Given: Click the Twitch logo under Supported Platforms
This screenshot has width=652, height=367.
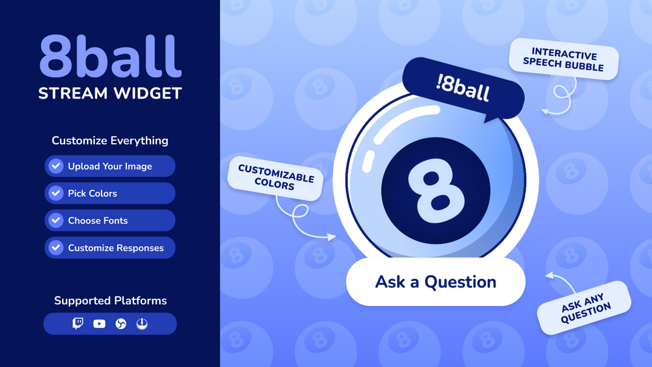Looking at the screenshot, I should pyautogui.click(x=78, y=324).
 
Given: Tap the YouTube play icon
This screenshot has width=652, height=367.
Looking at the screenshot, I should pyautogui.click(x=100, y=324).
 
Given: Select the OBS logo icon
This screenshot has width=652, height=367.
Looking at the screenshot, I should pyautogui.click(x=121, y=324).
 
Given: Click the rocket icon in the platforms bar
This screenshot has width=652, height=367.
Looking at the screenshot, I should pyautogui.click(x=142, y=324).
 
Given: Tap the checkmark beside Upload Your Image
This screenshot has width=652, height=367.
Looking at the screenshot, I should pyautogui.click(x=56, y=166).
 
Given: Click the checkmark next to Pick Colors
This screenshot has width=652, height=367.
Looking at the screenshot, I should pyautogui.click(x=56, y=193).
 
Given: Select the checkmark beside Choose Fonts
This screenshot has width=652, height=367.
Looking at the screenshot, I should pyautogui.click(x=56, y=220).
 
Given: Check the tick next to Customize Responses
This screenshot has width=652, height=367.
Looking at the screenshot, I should pyautogui.click(x=56, y=247).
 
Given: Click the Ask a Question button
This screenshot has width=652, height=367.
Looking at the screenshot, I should pyautogui.click(x=435, y=282).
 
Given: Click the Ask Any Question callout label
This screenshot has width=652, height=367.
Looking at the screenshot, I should pyautogui.click(x=584, y=308).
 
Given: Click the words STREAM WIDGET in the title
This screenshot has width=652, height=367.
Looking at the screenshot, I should pyautogui.click(x=110, y=94).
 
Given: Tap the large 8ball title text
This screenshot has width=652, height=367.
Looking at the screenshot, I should pyautogui.click(x=110, y=56).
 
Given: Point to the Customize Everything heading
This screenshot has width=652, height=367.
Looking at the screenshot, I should pyautogui.click(x=110, y=141).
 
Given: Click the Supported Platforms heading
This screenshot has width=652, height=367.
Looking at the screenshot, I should pyautogui.click(x=110, y=301).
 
